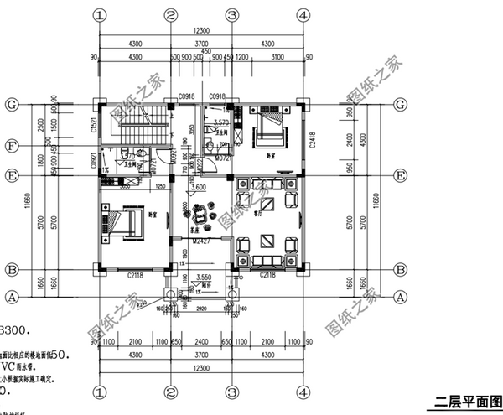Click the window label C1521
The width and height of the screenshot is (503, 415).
94,127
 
